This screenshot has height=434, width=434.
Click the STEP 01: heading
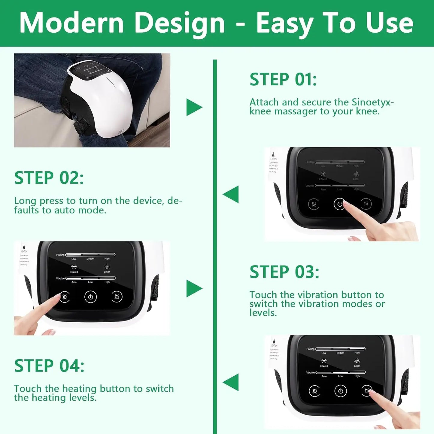point(283,80)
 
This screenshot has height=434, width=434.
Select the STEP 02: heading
point(49,178)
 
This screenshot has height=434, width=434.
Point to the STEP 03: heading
point(284,272)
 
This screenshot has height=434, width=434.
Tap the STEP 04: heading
point(49,366)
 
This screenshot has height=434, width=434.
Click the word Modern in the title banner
point(71,23)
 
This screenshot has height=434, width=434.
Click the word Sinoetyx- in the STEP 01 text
point(372,102)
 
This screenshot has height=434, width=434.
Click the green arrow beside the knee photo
point(194,107)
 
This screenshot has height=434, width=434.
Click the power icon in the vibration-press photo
point(90,297)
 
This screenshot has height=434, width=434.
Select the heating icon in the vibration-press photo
point(117,297)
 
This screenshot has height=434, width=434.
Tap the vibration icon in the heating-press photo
point(314,391)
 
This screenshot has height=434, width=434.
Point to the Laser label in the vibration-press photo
point(107,272)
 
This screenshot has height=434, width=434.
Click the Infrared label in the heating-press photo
point(324,366)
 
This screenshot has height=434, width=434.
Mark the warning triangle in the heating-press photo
point(274,341)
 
